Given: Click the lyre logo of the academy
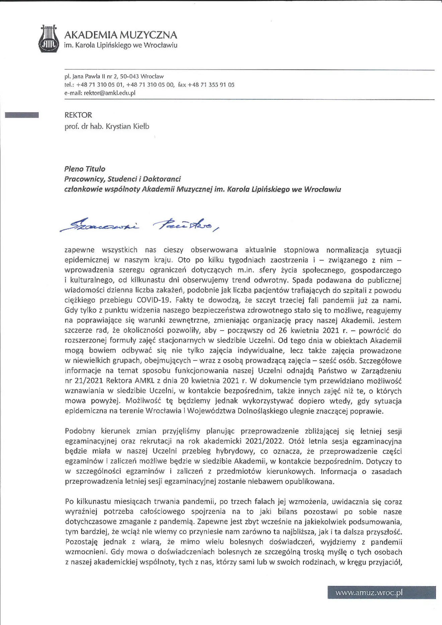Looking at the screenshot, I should [49, 39].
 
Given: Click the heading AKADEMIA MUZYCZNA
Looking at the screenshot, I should [121, 35].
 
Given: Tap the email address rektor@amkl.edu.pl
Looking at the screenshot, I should [109, 93].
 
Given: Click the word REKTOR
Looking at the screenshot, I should [78, 115].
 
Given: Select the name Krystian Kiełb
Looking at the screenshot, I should [128, 127].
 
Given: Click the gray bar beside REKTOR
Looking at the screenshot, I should [22, 115].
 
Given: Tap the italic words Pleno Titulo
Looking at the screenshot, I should [85, 169].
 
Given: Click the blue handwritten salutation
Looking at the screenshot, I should [139, 225].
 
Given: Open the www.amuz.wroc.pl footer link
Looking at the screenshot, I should [369, 593].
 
